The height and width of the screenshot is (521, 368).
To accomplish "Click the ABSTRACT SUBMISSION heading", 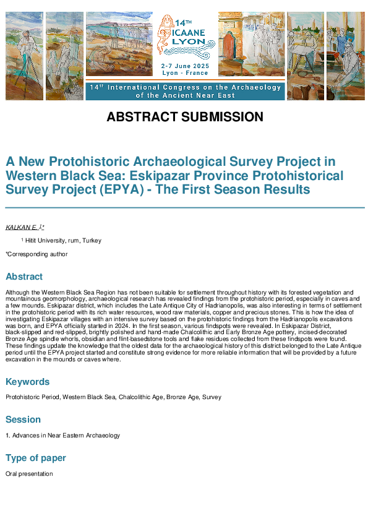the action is click(185, 117).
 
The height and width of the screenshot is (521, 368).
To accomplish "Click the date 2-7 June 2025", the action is click(185, 66).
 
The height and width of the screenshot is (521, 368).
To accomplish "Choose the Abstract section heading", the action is click(24, 277).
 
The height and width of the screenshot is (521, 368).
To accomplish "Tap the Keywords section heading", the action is click(27, 382).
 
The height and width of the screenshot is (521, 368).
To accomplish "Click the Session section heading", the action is click(22, 420).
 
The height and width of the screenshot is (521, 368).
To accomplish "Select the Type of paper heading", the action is click(36, 458).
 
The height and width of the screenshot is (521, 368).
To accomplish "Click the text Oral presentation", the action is click(29, 474).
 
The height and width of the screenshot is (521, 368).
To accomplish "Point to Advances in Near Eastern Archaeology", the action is click(62, 436).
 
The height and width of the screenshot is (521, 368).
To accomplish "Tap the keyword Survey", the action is click(212, 397).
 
